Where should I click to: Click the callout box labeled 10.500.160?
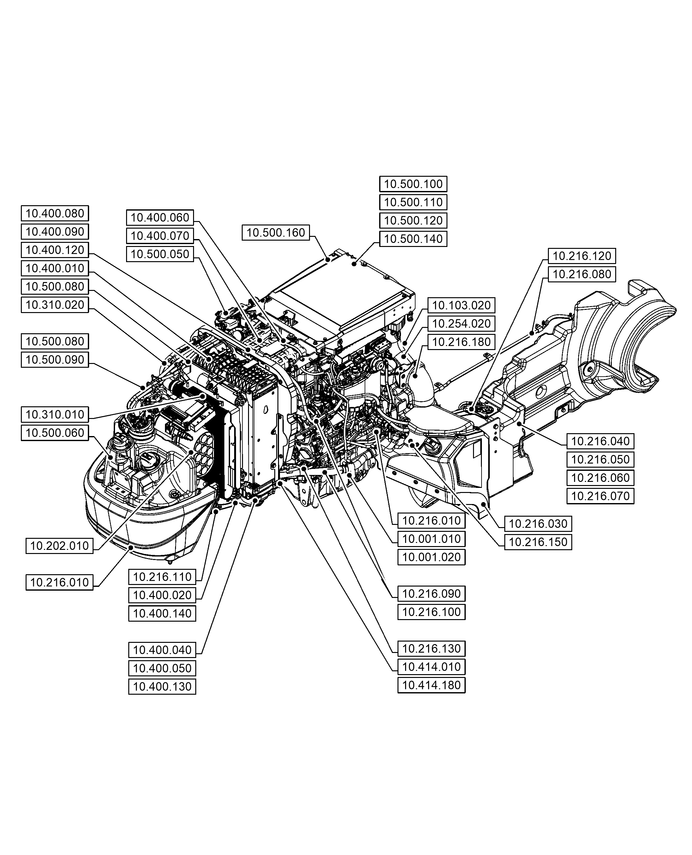coord(276,232)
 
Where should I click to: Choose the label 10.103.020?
coord(461,305)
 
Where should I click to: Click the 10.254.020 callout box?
coord(461,324)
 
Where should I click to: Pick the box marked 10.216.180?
coord(461,342)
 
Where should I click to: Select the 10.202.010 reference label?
coord(59,545)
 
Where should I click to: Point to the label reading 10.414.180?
coord(431,685)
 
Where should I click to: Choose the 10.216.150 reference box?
coord(538,542)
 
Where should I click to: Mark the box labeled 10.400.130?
coord(162,687)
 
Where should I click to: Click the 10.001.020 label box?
coord(431,557)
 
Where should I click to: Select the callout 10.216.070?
coord(600,496)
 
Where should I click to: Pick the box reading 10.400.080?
coord(55,213)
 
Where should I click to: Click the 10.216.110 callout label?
coord(162,577)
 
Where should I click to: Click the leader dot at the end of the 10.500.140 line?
coord(354,264)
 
